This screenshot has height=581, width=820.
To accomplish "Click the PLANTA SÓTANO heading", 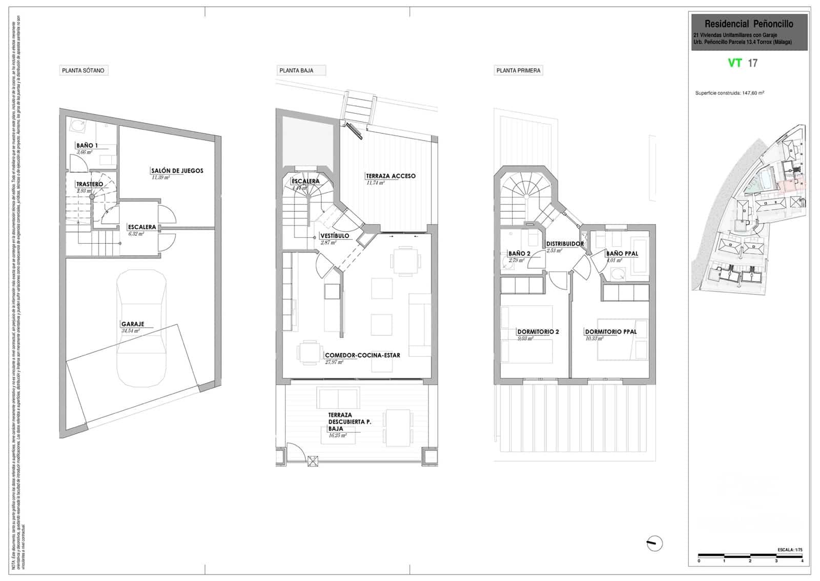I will coord(83,71).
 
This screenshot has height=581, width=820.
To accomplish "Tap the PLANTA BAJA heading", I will coord(296,71).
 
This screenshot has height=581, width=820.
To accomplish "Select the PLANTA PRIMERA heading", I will coord(518,71).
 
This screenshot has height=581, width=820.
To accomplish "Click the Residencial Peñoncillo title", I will coord(749,24).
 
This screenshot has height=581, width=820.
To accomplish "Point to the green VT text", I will coord(735,63).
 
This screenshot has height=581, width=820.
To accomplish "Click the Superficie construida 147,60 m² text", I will coord(729,93).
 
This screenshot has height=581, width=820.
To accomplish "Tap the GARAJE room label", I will coord(133,324).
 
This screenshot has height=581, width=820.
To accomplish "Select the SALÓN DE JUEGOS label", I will coord(177,171).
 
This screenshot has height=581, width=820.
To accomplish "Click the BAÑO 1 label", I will coord(87,146).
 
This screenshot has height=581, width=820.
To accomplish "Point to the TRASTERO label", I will coord(90,184).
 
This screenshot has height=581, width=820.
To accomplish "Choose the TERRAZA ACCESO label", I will coord(391,176).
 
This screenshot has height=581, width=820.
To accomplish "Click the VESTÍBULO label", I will coord(335,236).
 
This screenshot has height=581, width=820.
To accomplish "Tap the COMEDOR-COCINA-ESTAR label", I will coord(362,355).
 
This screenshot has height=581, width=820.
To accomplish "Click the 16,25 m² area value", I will coord(337,435).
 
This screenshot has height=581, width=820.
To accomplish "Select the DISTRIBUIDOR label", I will coord(565,244).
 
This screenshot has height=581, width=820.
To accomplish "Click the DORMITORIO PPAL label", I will coord(611,332).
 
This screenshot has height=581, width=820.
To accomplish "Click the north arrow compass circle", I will coord(654,543).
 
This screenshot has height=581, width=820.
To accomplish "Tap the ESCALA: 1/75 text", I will coord(790,550).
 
